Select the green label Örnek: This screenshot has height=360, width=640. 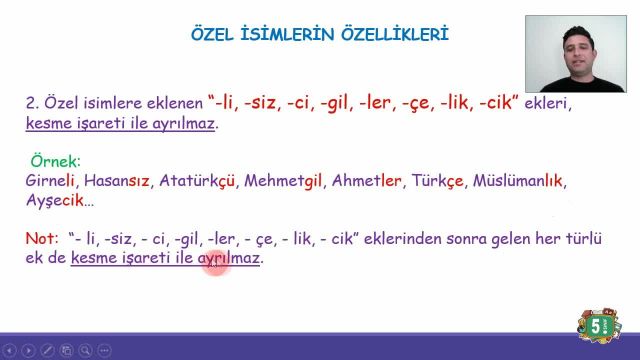point(55,160)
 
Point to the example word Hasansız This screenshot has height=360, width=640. point(116,181)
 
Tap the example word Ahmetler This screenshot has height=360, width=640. point(367,181)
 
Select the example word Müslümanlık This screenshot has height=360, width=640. point(520,181)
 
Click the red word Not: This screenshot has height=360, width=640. point(42,239)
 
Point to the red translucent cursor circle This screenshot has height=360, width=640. point(216,264)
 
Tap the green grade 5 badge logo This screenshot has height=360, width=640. point(599,327)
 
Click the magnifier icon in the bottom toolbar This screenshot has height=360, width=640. point(84,351)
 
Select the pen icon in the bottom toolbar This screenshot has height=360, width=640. point(46,351)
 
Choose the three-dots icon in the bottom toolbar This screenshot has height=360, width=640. point(103,351)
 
